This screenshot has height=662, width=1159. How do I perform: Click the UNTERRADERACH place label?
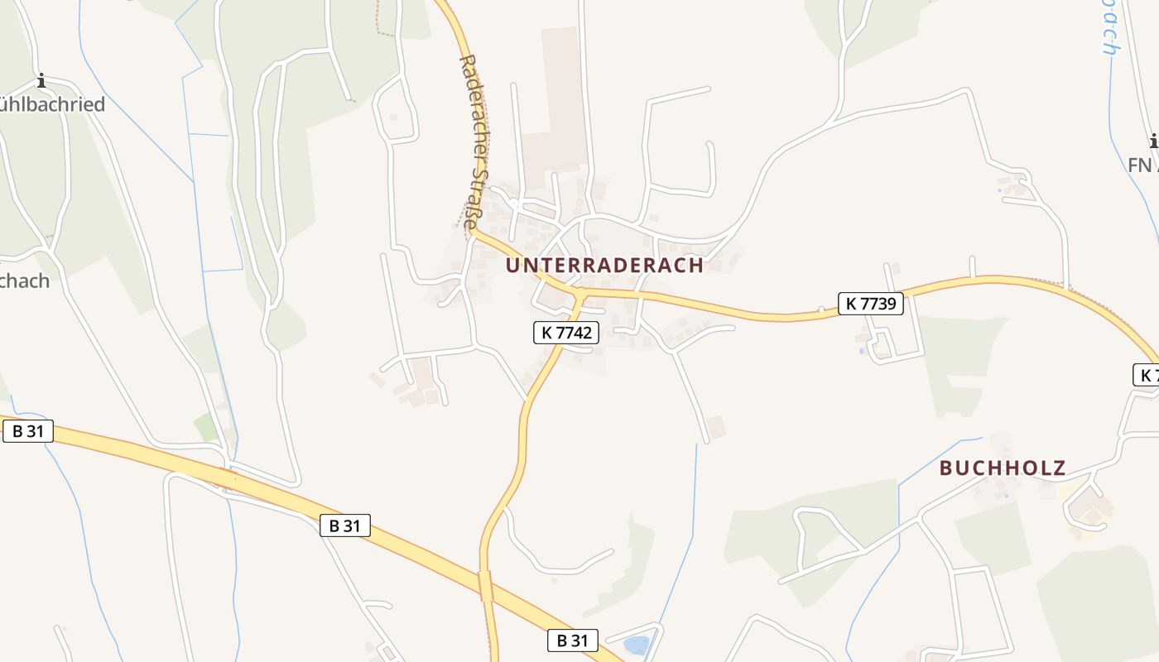pos(604,265)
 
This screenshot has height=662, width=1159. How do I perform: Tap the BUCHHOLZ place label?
pos(1003,468)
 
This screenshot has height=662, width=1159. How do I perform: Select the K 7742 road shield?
pos(565,333)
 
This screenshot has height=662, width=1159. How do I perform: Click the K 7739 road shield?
pos(871,304)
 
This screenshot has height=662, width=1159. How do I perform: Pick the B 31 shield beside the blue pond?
pos(572,640)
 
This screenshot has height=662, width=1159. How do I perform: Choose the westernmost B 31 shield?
pos(27,430)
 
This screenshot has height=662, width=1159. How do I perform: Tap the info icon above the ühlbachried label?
pos(41,81)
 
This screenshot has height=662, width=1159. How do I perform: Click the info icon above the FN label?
pos(1154,142)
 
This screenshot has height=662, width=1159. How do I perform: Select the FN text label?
pos(1141,165)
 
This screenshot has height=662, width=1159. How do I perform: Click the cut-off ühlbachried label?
pos(52,104)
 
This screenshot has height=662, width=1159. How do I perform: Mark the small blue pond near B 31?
pos(636,644)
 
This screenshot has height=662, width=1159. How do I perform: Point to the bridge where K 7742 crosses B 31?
pos(486,586)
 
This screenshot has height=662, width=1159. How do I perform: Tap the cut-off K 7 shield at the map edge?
pos(1147,374)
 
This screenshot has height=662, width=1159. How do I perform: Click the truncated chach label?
pos(25,281)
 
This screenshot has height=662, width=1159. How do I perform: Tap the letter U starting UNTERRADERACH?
pos(512,265)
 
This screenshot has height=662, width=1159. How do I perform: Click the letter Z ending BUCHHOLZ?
pos(1059,468)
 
